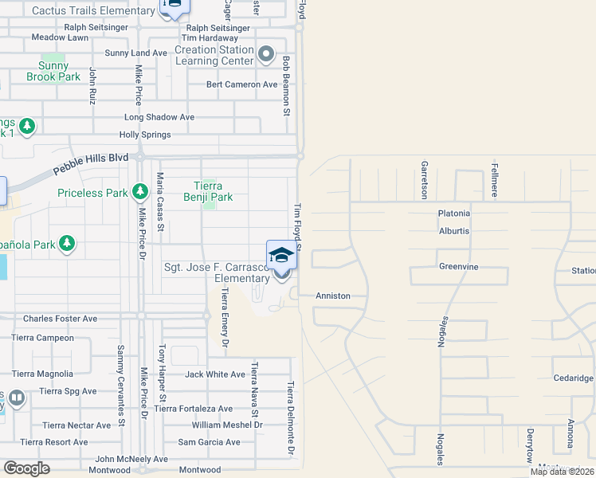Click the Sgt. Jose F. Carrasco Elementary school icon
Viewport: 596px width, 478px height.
click(x=281, y=256)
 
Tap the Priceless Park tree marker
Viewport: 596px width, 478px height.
click(x=140, y=192)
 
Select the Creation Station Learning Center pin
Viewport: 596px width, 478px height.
click(x=266, y=55)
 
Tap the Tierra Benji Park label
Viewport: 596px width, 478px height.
click(x=208, y=191)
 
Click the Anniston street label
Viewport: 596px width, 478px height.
click(x=333, y=296)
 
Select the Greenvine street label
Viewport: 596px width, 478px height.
click(x=458, y=267)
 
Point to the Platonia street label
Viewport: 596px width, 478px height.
click(x=454, y=214)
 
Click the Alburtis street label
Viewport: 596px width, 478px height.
click(x=454, y=231)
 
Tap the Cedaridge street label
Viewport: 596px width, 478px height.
click(x=572, y=378)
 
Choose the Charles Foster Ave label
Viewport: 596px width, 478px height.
click(x=60, y=319)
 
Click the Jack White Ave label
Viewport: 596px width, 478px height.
click(x=215, y=374)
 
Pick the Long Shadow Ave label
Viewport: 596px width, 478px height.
click(x=159, y=117)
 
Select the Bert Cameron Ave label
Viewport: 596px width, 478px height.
click(x=241, y=84)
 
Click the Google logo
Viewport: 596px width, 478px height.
click(x=27, y=468)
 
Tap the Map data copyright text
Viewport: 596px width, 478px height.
click(x=562, y=472)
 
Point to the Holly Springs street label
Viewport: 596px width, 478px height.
click(x=145, y=135)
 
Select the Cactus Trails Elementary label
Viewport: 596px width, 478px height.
click(x=93, y=11)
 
